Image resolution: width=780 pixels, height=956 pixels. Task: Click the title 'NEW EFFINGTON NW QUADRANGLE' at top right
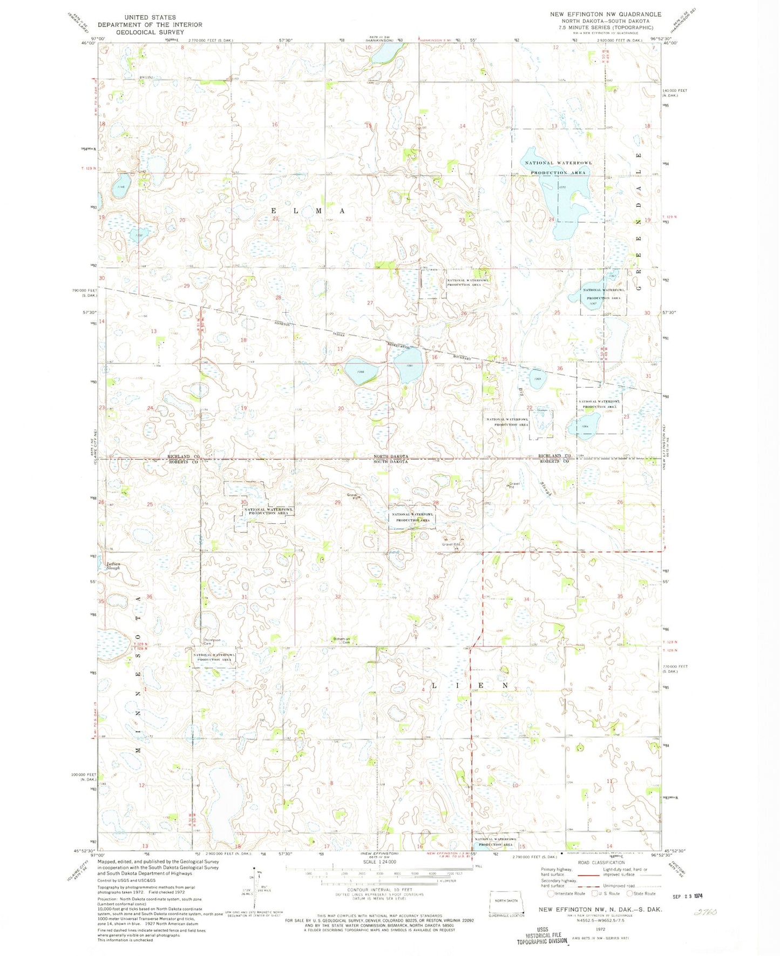(x=605, y=14)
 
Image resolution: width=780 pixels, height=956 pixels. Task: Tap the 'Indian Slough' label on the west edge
(x=113, y=566)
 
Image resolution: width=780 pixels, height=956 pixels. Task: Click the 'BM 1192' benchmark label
(x=146, y=78)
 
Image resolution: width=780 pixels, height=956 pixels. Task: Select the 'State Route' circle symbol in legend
(x=639, y=893)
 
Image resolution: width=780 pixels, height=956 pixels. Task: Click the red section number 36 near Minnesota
(x=150, y=597)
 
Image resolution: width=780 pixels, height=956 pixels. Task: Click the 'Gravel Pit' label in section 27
(x=514, y=484)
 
